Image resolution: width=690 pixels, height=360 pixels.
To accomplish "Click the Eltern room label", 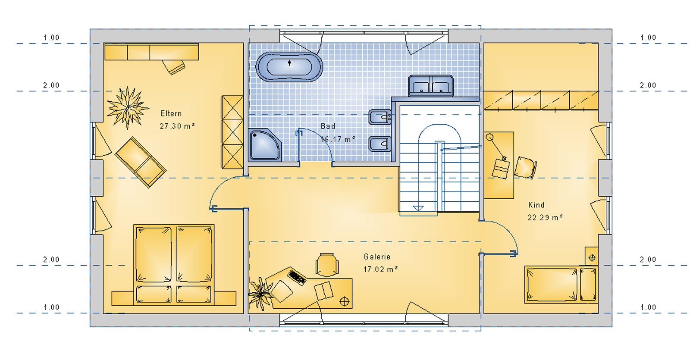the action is [x=171, y=114].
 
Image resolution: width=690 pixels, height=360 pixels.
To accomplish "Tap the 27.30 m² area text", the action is [x=177, y=126].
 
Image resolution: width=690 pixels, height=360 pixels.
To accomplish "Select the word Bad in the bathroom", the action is [x=328, y=126].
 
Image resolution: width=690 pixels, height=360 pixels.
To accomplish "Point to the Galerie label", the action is [x=377, y=257].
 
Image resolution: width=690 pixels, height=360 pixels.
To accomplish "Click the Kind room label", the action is [x=536, y=205].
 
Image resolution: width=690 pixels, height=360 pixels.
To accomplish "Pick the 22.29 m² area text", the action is [x=545, y=217].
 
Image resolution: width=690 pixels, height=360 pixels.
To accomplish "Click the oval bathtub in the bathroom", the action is [x=289, y=67].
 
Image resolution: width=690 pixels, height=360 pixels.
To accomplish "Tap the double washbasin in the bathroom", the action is [x=431, y=86].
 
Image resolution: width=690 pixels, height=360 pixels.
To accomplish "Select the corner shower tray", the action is [x=265, y=145].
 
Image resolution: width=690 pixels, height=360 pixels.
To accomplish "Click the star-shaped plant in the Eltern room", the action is [x=127, y=108].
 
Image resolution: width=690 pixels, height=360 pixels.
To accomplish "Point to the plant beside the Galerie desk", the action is [x=260, y=294].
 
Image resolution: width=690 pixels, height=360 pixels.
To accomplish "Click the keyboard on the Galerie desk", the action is [x=297, y=276].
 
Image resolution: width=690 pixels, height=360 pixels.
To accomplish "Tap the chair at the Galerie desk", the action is [x=327, y=265].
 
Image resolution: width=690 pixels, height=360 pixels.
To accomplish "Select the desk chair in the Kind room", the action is [x=525, y=168].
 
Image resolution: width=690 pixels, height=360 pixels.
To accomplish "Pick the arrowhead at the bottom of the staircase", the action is [x=418, y=209].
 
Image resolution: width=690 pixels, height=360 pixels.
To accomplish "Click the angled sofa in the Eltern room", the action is [x=141, y=162].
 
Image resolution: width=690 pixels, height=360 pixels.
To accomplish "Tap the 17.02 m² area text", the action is [x=381, y=269].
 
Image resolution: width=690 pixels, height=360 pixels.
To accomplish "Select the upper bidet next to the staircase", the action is [x=380, y=117].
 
